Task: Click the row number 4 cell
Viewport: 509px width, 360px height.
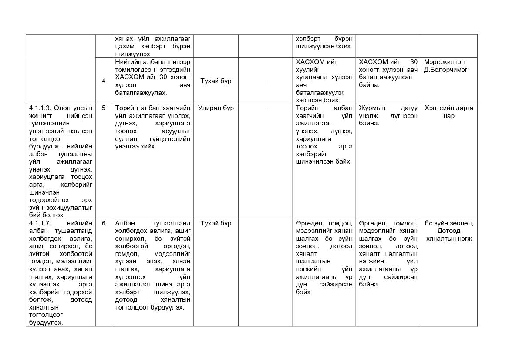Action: click(x=104, y=81)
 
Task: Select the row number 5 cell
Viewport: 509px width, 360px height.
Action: click(x=104, y=108)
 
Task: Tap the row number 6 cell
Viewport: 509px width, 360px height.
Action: click(x=104, y=223)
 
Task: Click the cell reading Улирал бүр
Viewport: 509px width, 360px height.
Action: click(x=216, y=108)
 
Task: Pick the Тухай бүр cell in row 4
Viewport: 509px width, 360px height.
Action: click(x=216, y=81)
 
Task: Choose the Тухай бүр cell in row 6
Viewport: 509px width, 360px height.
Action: click(x=216, y=223)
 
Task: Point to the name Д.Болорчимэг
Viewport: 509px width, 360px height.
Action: click(x=445, y=70)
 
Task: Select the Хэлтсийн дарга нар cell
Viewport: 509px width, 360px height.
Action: click(x=449, y=112)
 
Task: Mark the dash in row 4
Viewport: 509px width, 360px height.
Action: click(x=265, y=81)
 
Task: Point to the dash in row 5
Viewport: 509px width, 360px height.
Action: click(x=265, y=108)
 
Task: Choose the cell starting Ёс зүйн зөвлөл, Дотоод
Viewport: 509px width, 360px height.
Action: click(x=449, y=231)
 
